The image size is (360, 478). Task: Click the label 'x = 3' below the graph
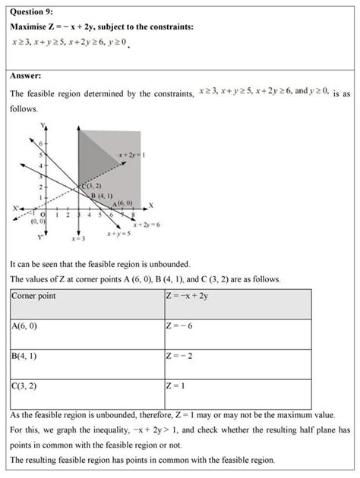click(x=78, y=238)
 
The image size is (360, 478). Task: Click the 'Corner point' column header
click(x=37, y=294)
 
